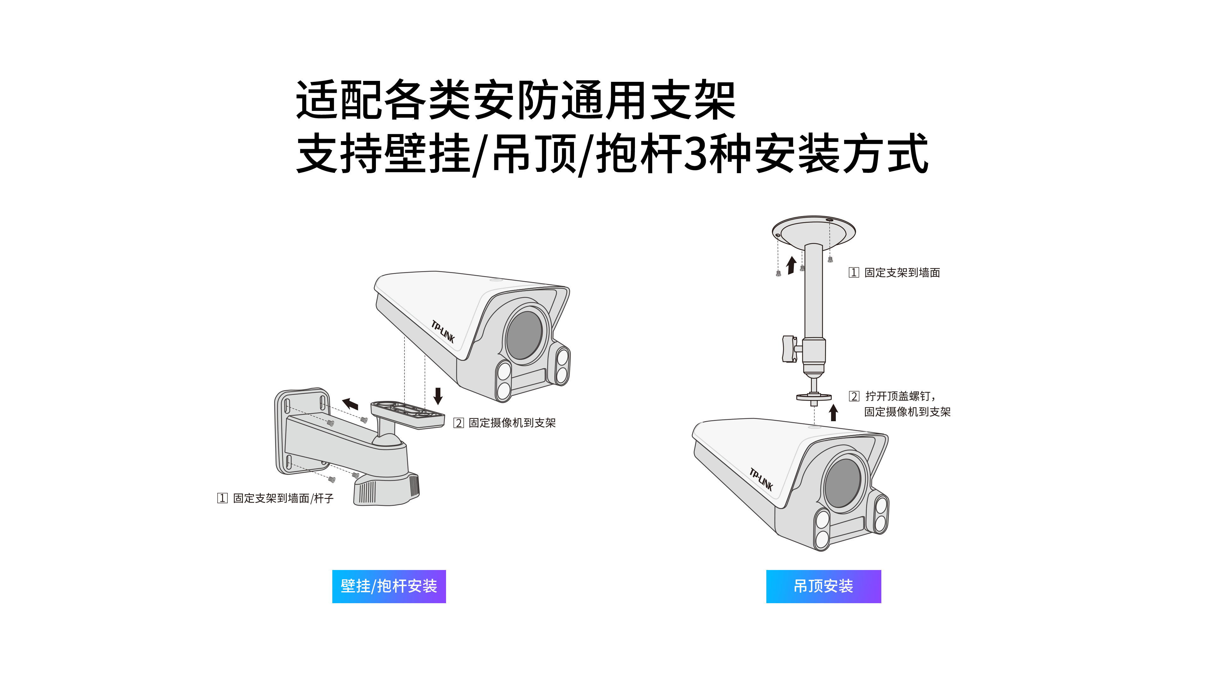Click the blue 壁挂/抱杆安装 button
point(389,586)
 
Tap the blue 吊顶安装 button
point(823,586)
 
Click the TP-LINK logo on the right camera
point(761,479)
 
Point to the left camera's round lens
point(524,335)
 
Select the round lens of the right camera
point(843,483)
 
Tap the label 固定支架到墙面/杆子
point(283,498)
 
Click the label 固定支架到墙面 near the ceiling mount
point(902,273)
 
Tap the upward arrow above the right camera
point(834,413)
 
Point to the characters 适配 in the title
point(339,100)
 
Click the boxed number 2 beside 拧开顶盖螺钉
point(854,396)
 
